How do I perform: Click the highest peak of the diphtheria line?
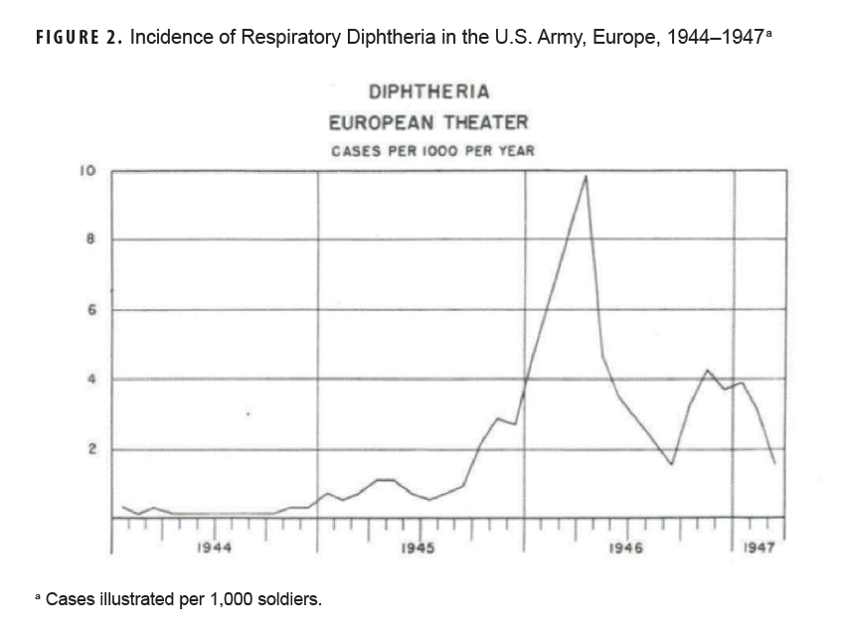[x=586, y=177]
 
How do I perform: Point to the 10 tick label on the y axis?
[x=87, y=171]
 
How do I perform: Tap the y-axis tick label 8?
[x=89, y=240]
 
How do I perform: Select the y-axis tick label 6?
[x=89, y=309]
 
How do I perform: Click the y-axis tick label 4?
[x=89, y=379]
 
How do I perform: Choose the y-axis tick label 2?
[x=89, y=449]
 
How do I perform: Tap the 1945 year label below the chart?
[x=419, y=548]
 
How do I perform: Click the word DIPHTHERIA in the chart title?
[x=428, y=92]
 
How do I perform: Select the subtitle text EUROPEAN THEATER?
[x=428, y=123]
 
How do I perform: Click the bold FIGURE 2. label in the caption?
[x=79, y=40]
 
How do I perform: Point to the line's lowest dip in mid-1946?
[x=672, y=464]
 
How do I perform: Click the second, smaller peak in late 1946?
[x=707, y=371]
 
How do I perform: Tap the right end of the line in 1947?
[x=774, y=463]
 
